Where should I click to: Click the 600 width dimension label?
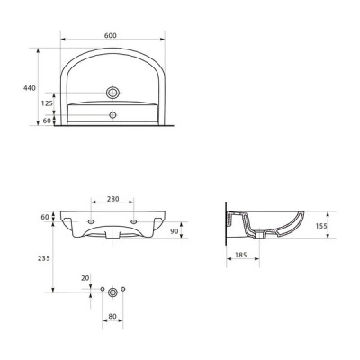(x=111, y=35)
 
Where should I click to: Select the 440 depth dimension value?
(x=30, y=88)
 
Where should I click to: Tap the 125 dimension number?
(x=47, y=103)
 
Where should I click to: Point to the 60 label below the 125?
(x=47, y=121)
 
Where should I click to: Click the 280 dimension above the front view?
(x=113, y=199)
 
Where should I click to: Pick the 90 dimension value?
(x=175, y=231)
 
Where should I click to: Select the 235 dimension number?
(x=44, y=258)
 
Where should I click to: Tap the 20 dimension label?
(x=85, y=278)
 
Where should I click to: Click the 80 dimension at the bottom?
(x=112, y=316)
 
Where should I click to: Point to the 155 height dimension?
(x=321, y=226)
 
